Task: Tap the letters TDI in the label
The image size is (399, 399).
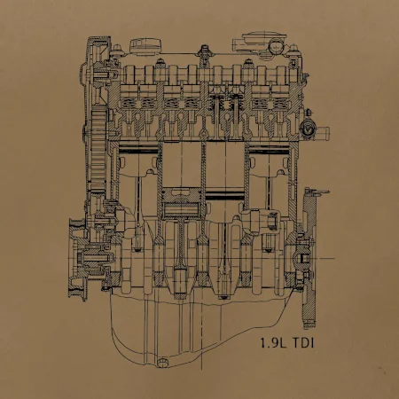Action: [x=303, y=343]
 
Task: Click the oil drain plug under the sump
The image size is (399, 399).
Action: [x=162, y=363]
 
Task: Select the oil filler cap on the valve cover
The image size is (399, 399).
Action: [x=146, y=46]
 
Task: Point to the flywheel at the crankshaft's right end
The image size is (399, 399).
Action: [x=309, y=257]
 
